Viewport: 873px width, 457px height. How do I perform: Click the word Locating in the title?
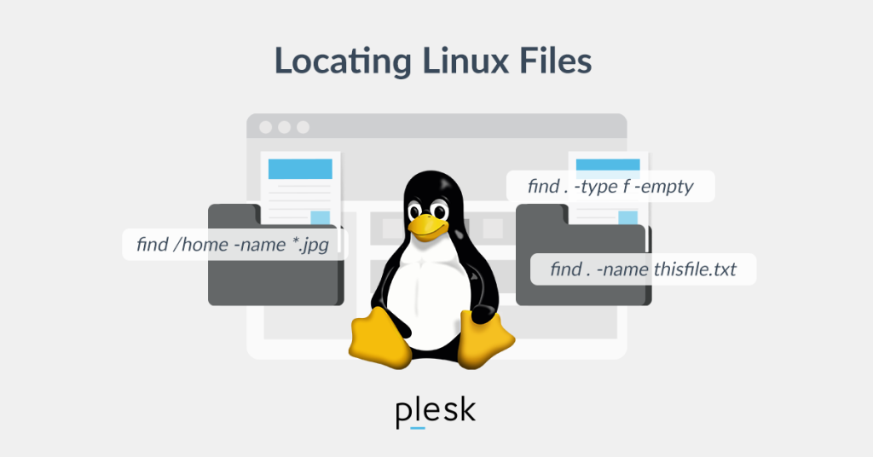[343, 61]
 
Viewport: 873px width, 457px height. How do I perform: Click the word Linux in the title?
[465, 61]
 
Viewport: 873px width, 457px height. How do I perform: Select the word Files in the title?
[556, 61]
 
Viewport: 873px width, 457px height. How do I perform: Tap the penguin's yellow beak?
[428, 227]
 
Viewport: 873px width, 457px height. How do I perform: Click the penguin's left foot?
[379, 338]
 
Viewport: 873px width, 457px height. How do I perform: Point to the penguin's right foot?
[485, 339]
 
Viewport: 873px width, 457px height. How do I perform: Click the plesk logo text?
[436, 412]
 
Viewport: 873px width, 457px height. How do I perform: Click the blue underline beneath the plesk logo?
[418, 428]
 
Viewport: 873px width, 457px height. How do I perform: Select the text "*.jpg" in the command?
[310, 245]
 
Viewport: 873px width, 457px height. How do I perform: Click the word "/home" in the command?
[201, 245]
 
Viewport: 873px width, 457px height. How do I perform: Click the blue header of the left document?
[300, 169]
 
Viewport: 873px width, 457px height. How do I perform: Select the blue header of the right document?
[608, 165]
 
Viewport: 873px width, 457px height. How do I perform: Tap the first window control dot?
[266, 128]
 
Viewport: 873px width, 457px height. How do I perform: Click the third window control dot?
[303, 128]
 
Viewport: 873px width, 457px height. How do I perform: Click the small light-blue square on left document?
[321, 217]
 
